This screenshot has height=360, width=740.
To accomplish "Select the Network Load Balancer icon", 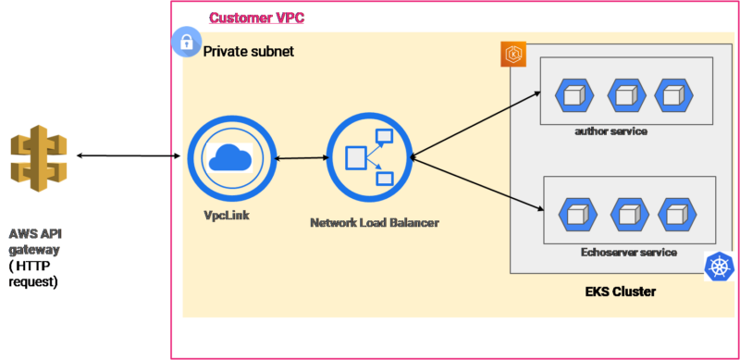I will [367, 160].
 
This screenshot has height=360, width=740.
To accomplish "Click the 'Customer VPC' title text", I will [256, 18].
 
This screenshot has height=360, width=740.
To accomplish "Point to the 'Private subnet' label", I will [249, 52].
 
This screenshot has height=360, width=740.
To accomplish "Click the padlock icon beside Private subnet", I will [187, 42].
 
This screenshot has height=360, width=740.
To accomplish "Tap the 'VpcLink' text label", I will [227, 215].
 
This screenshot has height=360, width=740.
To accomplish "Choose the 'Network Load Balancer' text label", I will [375, 223].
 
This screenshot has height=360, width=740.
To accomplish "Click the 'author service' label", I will [610, 131].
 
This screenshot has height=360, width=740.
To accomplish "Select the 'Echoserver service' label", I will [628, 252].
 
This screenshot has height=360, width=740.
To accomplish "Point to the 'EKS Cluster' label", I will [621, 292].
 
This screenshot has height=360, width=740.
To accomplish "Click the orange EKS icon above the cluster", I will [513, 54].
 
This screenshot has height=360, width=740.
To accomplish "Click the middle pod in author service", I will [625, 94].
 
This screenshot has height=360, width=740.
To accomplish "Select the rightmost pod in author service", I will [673, 94].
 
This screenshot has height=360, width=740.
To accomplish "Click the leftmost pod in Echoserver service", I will [578, 214].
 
